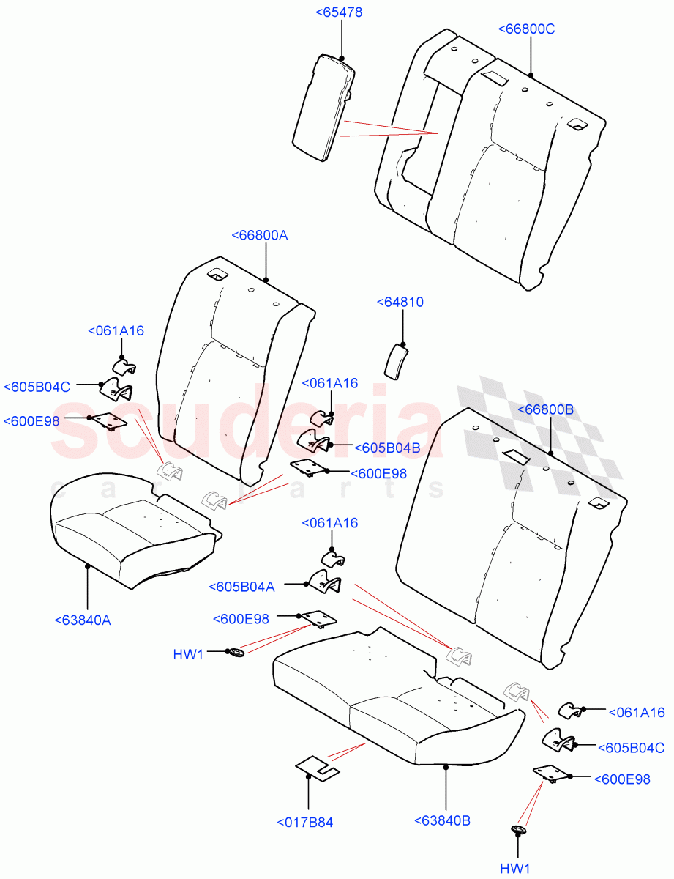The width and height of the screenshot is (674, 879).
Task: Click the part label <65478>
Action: [x=338, y=12]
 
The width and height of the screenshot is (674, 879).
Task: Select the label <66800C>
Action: [x=527, y=29]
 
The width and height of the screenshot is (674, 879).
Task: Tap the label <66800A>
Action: [x=260, y=235]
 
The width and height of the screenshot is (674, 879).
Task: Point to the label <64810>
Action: [x=400, y=302]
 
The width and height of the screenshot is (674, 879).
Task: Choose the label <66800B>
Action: [x=545, y=409]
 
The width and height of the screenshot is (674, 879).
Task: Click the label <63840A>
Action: [x=83, y=620]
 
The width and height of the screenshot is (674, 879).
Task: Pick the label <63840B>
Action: [x=442, y=820]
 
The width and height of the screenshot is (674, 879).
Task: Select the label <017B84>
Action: [x=305, y=823]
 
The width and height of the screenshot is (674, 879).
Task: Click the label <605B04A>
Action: [x=241, y=587]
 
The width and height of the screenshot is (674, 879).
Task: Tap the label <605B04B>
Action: [x=387, y=448]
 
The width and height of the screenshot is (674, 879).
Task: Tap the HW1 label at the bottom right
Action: [x=515, y=869]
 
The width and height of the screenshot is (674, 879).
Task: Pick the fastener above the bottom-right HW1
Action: [x=519, y=830]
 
